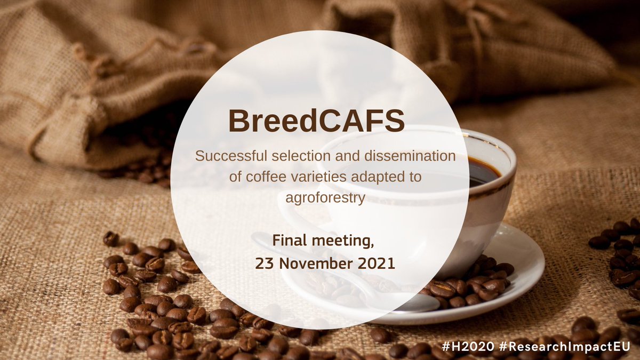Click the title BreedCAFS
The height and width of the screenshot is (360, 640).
click(317, 122)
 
